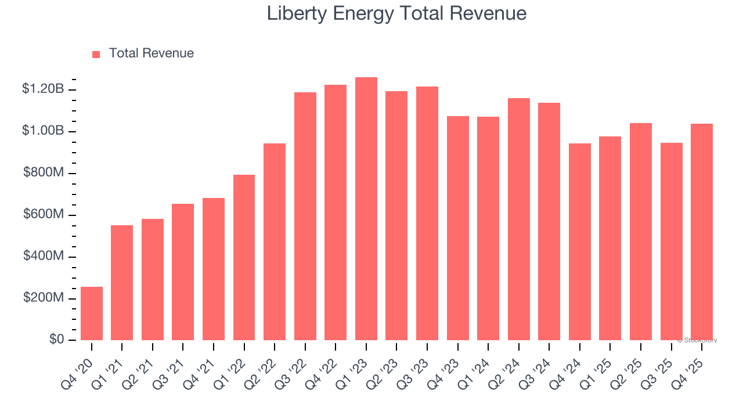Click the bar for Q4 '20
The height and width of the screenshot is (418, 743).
[x=92, y=313]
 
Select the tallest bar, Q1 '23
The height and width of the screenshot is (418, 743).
[x=366, y=209]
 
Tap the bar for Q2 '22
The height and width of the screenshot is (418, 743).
[x=275, y=242]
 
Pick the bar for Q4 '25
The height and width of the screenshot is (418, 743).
[x=701, y=232]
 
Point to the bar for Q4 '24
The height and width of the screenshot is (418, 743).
[x=579, y=242]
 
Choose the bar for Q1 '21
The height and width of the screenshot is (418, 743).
[x=122, y=283]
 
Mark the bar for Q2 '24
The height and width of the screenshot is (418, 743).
[x=518, y=219]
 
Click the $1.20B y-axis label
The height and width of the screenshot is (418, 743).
[x=42, y=89]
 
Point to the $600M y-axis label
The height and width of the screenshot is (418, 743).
[x=43, y=215]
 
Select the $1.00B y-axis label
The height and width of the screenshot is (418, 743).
[x=42, y=131]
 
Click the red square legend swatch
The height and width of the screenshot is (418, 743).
[x=96, y=54]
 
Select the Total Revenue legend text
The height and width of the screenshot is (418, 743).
[x=151, y=53]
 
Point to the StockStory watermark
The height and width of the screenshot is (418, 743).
[x=697, y=340]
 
